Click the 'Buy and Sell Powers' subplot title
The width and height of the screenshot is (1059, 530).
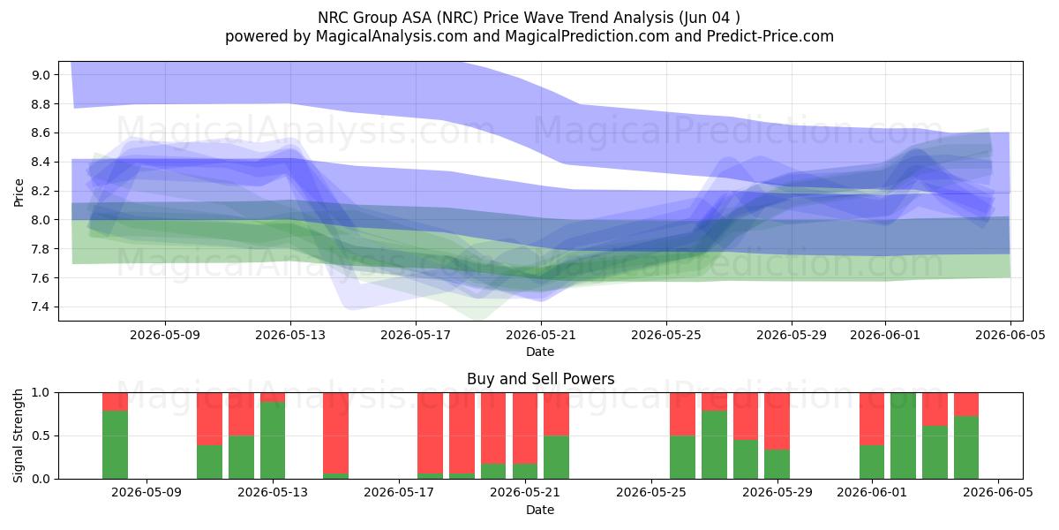click(x=540, y=379)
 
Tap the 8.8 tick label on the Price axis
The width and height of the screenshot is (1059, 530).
click(x=41, y=104)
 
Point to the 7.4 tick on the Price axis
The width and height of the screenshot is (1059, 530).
click(x=41, y=307)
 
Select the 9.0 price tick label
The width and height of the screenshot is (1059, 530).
click(x=41, y=75)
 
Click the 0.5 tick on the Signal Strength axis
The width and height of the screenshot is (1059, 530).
click(x=41, y=435)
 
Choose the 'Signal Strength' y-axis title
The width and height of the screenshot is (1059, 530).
click(x=18, y=435)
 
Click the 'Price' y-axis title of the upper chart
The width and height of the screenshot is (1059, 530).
click(x=19, y=193)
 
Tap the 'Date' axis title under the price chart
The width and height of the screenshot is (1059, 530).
click(x=540, y=352)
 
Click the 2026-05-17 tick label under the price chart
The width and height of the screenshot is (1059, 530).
click(x=416, y=336)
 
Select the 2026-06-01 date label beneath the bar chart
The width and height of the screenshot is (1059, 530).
click(x=872, y=493)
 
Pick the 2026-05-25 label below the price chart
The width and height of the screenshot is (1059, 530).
click(x=666, y=336)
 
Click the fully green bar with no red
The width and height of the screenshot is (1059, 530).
click(x=903, y=435)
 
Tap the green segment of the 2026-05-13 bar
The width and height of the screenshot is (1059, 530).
click(x=273, y=440)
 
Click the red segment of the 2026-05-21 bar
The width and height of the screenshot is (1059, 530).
click(x=525, y=428)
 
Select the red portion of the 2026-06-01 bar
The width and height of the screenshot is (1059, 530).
click(x=872, y=419)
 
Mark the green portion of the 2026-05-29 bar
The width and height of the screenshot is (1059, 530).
click(x=777, y=465)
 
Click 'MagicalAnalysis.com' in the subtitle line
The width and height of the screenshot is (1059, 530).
click(x=392, y=36)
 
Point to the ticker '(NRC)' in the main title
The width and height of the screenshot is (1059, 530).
click(x=457, y=18)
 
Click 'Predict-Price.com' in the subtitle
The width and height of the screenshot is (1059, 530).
click(x=770, y=36)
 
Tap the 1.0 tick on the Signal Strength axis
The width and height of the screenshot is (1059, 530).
click(x=41, y=393)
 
